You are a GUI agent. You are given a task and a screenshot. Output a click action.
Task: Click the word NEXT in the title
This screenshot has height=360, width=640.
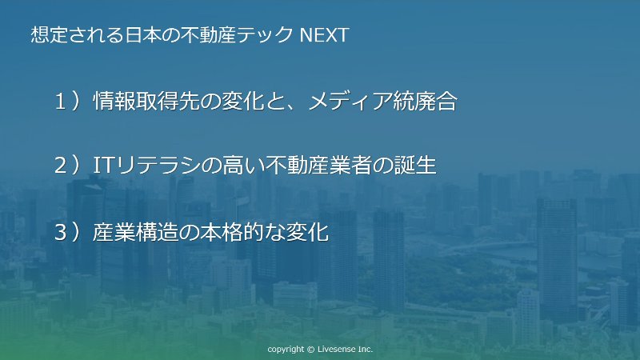(325, 34)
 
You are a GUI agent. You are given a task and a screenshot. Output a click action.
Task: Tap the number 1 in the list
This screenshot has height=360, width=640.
(61, 102)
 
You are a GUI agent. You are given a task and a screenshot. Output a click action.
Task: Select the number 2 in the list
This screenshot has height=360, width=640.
(61, 166)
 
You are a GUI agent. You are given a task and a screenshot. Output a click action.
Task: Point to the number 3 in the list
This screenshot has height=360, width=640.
(61, 232)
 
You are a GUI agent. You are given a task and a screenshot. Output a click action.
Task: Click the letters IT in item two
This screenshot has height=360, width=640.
(102, 166)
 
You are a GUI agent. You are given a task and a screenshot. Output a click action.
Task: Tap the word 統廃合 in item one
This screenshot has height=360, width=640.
(425, 102)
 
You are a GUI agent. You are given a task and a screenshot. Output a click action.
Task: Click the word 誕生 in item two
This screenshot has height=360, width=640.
(415, 166)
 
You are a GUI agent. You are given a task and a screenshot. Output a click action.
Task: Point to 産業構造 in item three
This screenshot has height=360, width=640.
(135, 232)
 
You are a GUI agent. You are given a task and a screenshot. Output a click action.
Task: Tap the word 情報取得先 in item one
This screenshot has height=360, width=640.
(146, 102)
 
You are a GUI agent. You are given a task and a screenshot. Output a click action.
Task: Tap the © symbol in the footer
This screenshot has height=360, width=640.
(310, 350)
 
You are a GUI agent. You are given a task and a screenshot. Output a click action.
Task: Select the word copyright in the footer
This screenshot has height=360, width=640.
(286, 350)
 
